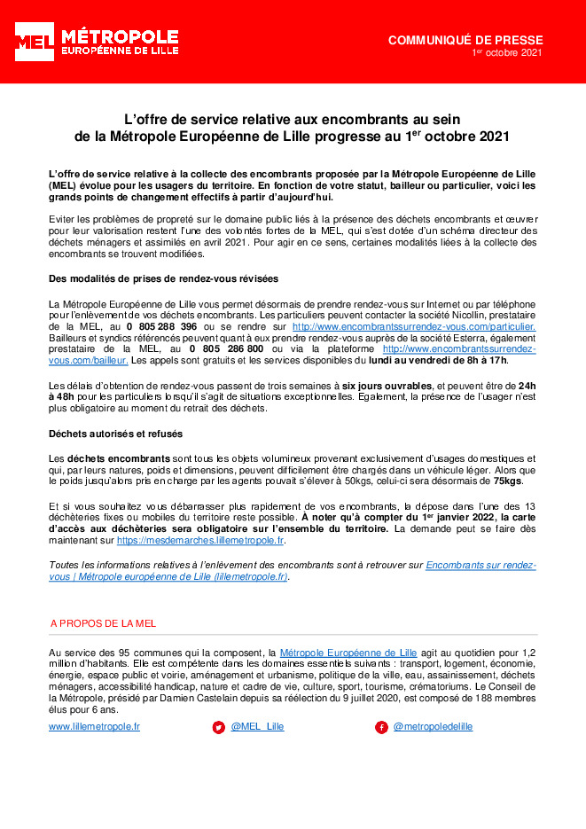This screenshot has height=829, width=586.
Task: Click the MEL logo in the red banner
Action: [34, 41]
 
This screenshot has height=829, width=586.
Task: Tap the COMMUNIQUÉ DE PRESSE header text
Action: [465, 41]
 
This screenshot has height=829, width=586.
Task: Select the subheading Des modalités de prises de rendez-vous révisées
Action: [163, 279]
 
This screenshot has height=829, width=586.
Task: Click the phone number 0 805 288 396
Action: [161, 327]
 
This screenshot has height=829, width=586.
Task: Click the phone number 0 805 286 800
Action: [226, 349]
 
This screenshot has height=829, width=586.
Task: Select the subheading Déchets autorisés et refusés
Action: [116, 434]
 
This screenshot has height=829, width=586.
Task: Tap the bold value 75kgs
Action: [508, 481]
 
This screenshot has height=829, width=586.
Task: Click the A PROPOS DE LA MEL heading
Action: [103, 624]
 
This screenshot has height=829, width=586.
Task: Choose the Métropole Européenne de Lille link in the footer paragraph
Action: [348, 653]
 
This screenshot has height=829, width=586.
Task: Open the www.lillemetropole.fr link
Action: [94, 726]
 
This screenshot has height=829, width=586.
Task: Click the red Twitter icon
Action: [218, 727]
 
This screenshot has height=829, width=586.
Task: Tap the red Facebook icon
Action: [381, 727]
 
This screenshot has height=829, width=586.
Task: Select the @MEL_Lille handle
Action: [257, 726]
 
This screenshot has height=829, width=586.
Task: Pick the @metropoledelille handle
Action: [433, 726]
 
